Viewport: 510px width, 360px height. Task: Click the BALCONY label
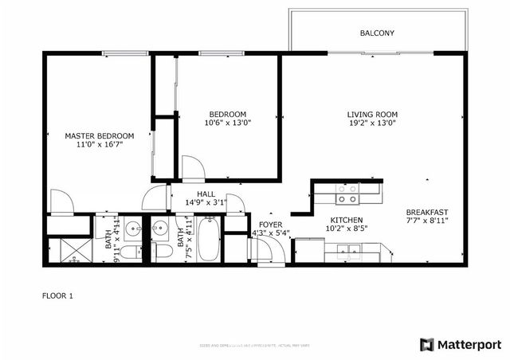tap(377, 33)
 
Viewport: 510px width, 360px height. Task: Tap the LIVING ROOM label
tap(371, 114)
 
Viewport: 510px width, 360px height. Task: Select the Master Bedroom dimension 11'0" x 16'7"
tap(99, 146)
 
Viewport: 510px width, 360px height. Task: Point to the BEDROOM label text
tap(227, 114)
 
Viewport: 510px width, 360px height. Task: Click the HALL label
tap(206, 194)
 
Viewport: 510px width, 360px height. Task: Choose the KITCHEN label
tap(347, 220)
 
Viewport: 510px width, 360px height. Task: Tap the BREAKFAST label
tap(427, 212)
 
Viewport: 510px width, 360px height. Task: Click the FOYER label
tap(270, 225)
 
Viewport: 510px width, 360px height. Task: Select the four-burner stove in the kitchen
tap(347, 194)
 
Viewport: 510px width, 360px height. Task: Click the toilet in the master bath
tap(131, 252)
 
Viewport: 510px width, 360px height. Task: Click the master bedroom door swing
tap(61, 202)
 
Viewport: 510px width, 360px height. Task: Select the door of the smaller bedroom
tap(193, 168)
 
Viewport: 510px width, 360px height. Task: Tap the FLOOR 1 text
tap(57, 295)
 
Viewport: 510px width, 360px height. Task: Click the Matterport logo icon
tap(427, 344)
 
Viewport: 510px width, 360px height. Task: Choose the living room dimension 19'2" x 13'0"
tap(371, 123)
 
